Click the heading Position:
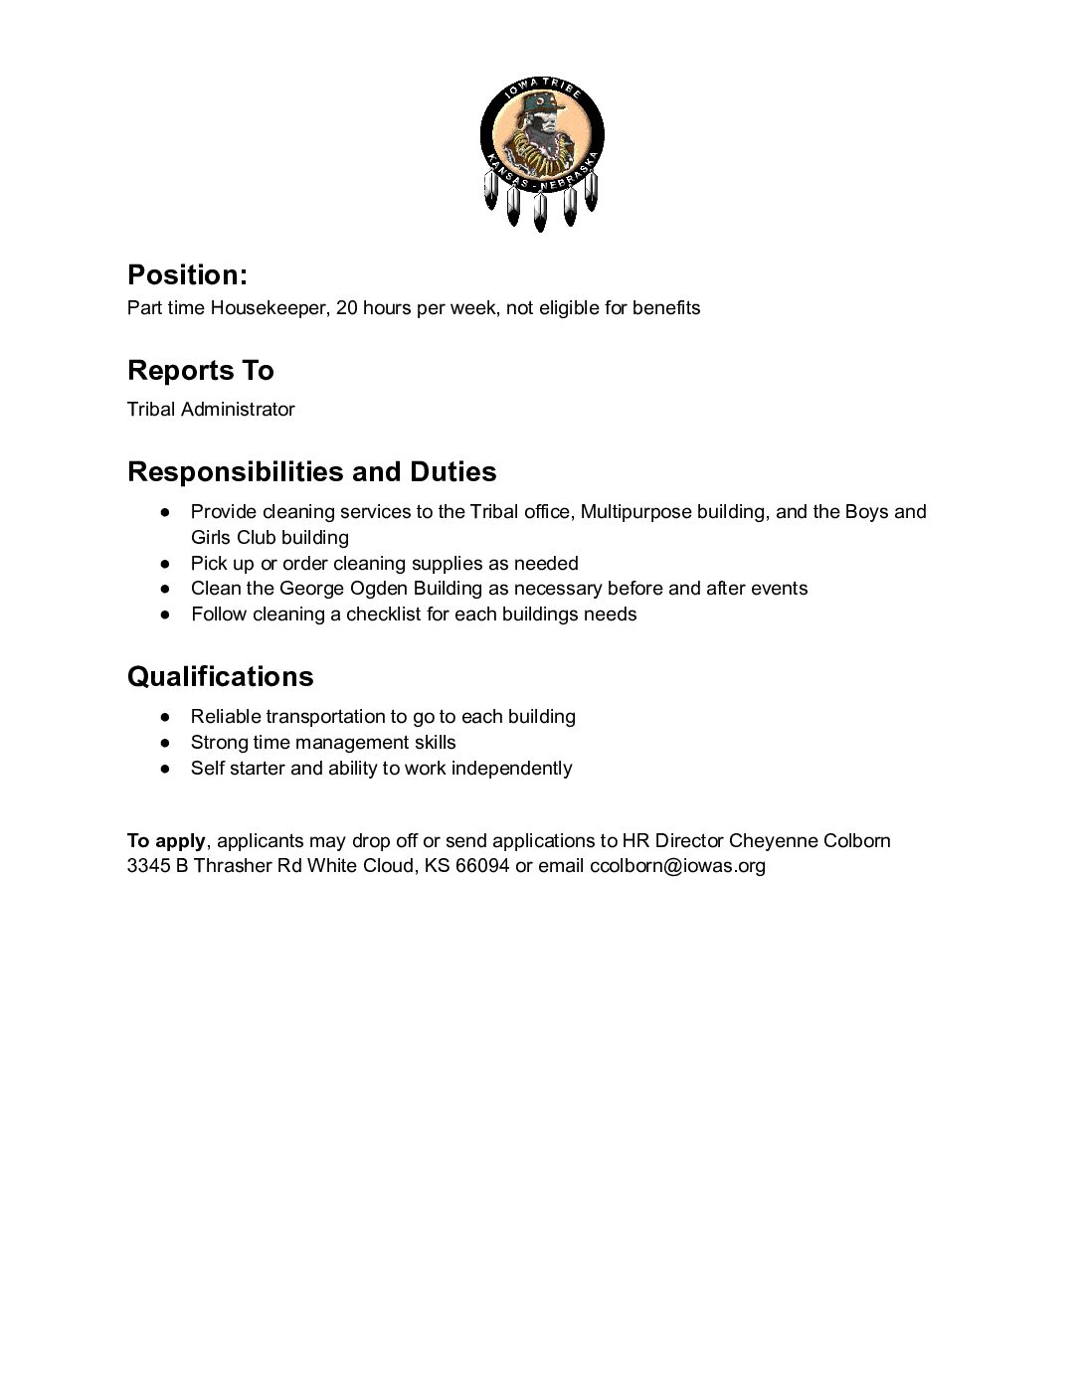point(187,274)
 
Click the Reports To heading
point(200,370)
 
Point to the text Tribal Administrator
point(211,409)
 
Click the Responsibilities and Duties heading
point(311,471)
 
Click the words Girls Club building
point(270,538)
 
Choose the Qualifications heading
point(220,676)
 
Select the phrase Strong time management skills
point(323,743)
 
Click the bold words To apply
point(166,840)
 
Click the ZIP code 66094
point(482,866)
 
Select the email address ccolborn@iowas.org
point(677,866)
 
